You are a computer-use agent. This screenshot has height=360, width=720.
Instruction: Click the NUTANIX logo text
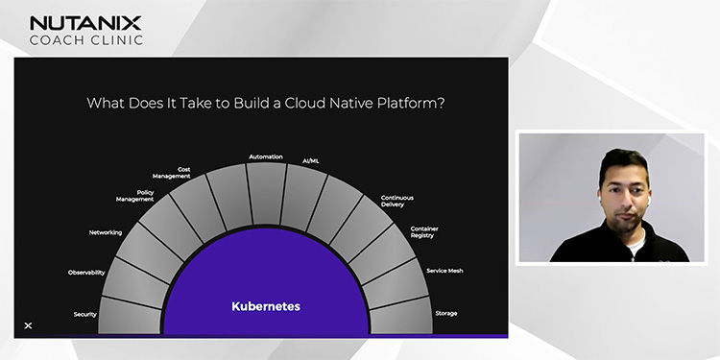(85, 22)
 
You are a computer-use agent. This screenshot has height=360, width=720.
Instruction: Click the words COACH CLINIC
(85, 40)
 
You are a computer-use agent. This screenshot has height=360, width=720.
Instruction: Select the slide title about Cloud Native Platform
(265, 103)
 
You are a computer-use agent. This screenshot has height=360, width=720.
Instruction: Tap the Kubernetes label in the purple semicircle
(266, 307)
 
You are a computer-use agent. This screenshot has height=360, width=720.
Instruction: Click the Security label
(84, 314)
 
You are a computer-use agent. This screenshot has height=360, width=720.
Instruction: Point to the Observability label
(86, 273)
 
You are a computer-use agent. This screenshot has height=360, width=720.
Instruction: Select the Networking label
(106, 232)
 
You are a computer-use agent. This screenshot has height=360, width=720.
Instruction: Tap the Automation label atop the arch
(265, 156)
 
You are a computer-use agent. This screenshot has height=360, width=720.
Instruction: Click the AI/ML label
(311, 161)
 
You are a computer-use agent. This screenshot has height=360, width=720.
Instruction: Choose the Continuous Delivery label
(396, 200)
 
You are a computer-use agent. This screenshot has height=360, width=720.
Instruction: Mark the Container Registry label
(423, 231)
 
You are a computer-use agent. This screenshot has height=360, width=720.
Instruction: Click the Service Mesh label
(444, 271)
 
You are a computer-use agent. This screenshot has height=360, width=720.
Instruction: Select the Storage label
(444, 313)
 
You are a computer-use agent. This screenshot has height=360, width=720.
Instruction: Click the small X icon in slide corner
(28, 326)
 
